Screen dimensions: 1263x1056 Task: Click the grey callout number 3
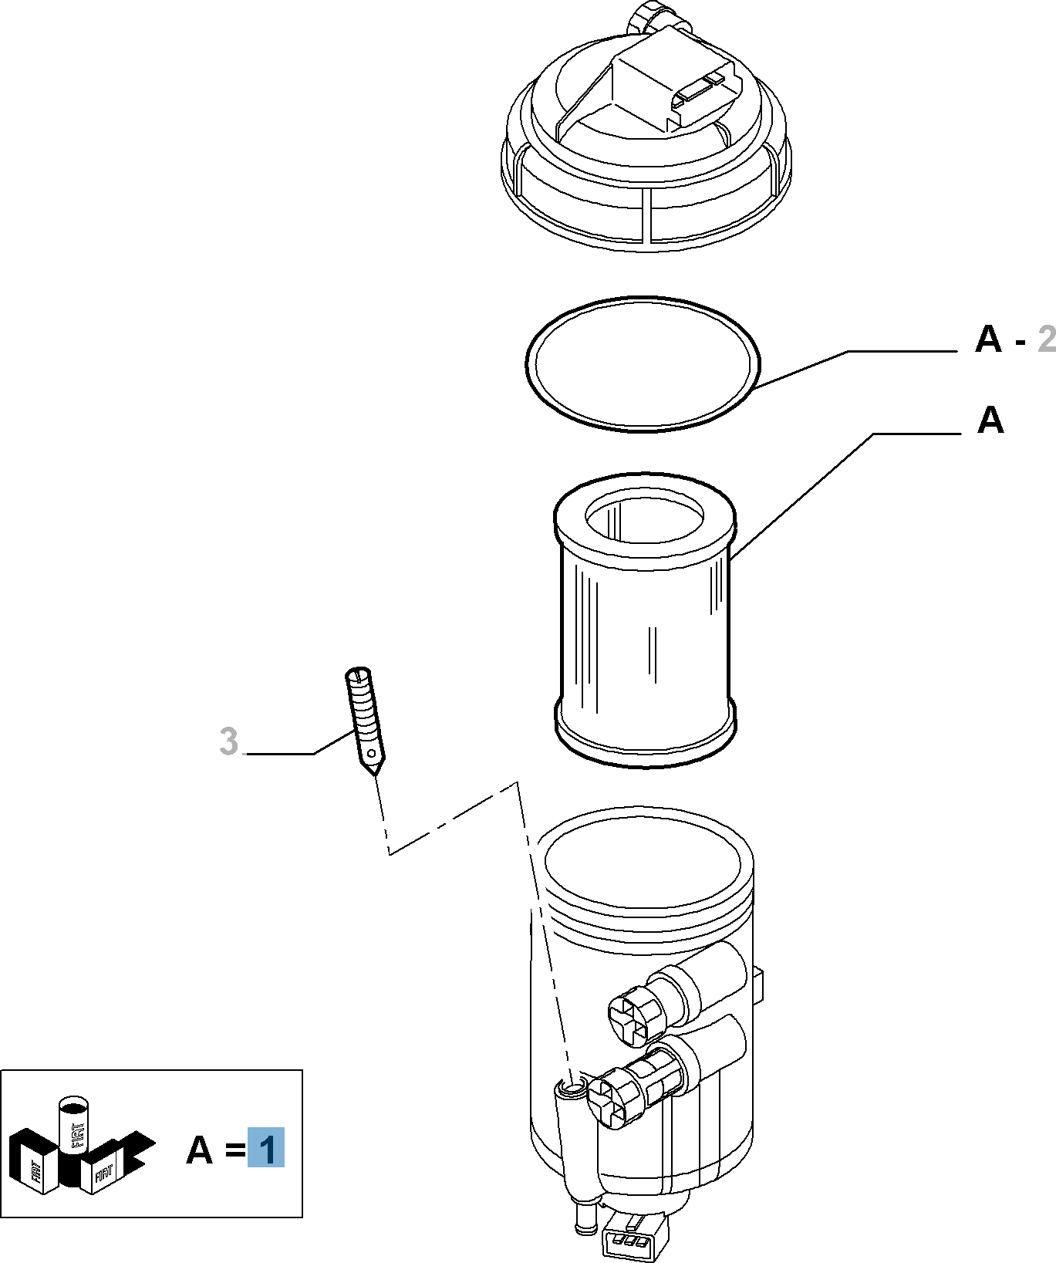228,741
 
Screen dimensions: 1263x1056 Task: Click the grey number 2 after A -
1047,339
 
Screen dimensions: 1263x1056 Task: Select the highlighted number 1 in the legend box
266,1148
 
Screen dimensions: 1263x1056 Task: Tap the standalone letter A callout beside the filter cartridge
990,420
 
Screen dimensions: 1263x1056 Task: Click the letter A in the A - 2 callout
988,339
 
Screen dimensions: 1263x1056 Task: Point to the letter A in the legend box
200,1150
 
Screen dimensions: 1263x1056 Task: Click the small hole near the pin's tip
372,753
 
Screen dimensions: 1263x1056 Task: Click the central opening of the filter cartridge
644,516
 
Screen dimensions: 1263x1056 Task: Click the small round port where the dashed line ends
572,1088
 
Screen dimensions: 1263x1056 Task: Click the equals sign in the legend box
235,1150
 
